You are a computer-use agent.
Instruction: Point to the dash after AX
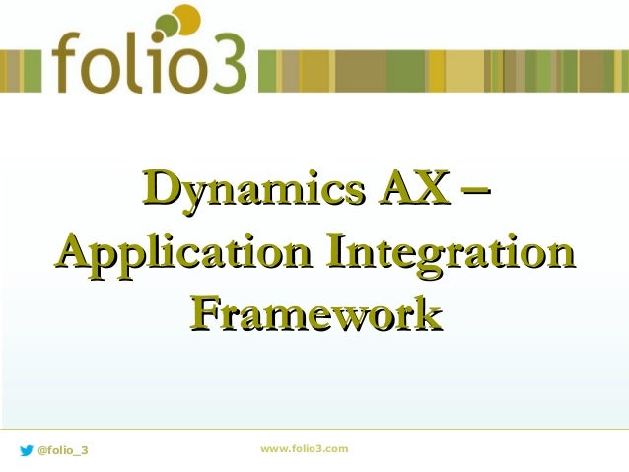point(476,187)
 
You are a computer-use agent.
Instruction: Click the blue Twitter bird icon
point(26,450)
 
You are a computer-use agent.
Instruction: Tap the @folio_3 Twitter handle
point(62,450)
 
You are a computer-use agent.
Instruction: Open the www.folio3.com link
point(304,449)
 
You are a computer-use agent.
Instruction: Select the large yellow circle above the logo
point(184,19)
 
